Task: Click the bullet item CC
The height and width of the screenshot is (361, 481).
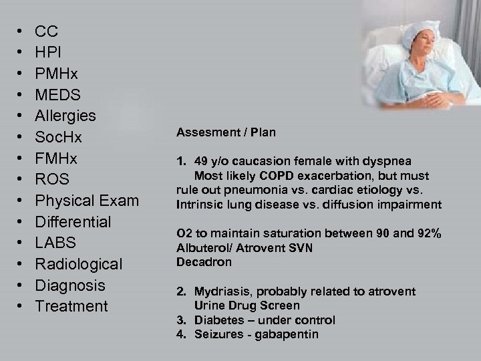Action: [46, 31]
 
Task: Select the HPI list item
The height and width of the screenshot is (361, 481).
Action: [49, 52]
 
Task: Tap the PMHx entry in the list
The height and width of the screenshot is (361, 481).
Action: [57, 74]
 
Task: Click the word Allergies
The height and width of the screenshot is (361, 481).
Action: [65, 116]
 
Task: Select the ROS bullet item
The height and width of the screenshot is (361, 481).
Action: [52, 179]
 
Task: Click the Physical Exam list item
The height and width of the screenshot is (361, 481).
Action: [87, 201]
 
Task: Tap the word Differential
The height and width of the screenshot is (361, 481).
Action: [73, 221]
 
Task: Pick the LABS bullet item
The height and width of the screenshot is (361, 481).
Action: [55, 243]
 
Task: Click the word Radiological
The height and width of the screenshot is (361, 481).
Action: [78, 264]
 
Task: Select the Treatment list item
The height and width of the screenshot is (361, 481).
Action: [71, 306]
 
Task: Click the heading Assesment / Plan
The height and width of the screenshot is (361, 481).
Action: [226, 133]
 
